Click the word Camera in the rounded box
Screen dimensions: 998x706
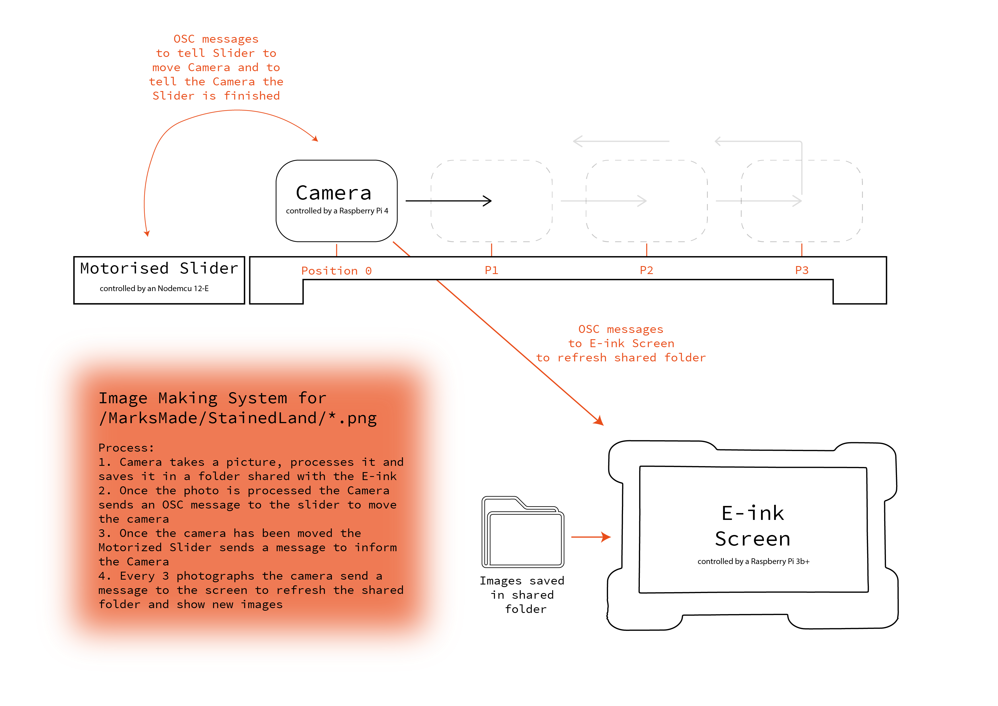(333, 193)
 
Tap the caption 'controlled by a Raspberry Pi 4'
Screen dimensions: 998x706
(337, 211)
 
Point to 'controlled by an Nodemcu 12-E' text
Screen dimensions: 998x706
(154, 288)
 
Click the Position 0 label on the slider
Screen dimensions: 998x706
(337, 271)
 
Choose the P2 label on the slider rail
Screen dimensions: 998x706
(646, 270)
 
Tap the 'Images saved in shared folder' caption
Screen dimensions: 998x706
(522, 595)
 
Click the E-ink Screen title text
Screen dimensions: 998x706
(753, 526)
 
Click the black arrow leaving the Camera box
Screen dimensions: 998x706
(449, 201)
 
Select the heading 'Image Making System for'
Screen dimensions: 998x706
(212, 398)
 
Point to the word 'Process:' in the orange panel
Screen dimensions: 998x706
(126, 448)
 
